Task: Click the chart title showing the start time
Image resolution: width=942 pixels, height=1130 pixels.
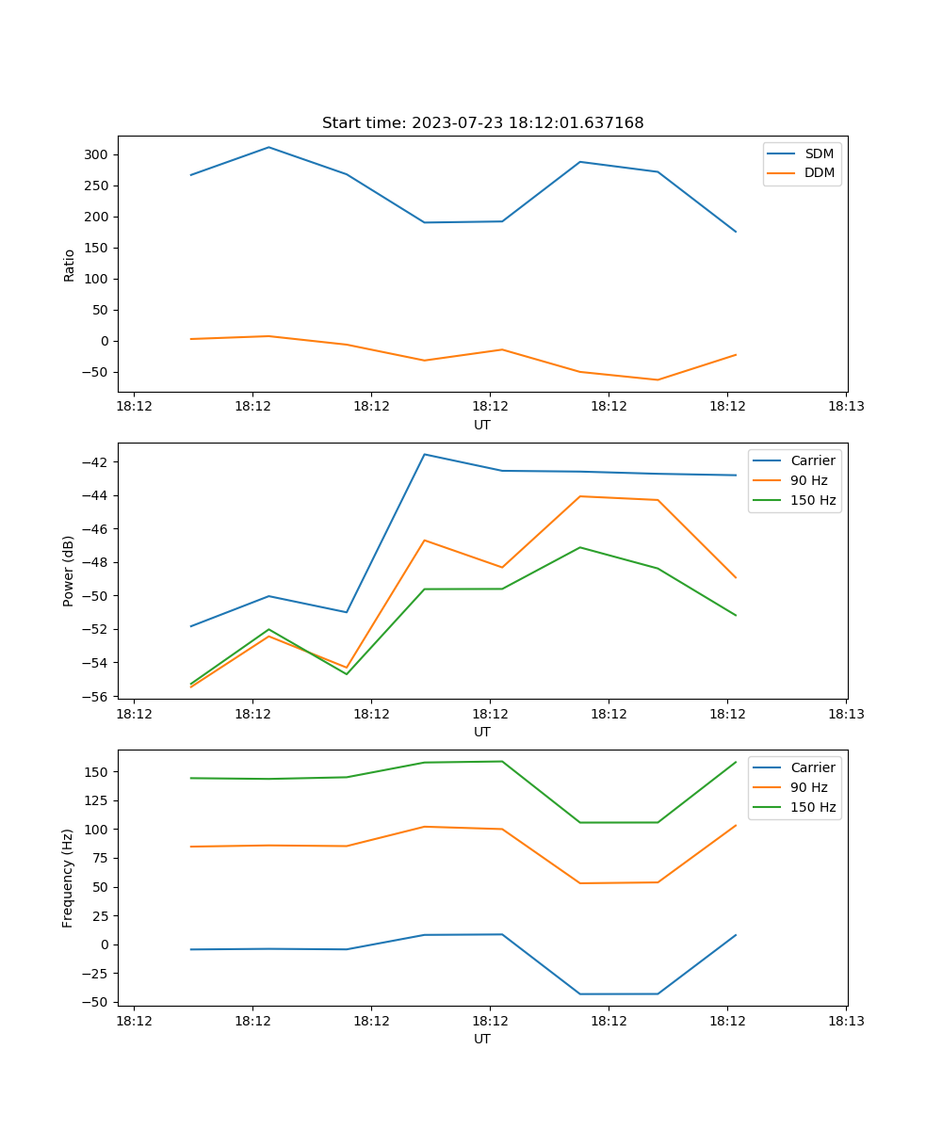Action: coord(482,123)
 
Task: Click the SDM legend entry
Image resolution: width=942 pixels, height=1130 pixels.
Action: coord(819,153)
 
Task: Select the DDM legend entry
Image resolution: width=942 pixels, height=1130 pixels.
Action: coord(820,172)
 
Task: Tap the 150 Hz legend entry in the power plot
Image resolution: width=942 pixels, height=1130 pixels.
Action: coord(813,500)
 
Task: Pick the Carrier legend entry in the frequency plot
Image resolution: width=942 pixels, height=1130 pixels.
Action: coord(812,767)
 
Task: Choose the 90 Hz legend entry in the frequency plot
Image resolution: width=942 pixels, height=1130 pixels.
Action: coord(808,787)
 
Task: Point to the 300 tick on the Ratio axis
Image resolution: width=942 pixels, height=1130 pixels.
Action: coord(96,154)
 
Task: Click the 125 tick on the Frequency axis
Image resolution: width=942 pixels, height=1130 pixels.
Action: coord(96,800)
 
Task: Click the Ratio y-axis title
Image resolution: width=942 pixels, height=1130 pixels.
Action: coord(69,264)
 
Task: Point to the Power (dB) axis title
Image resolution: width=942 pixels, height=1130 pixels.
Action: coord(69,571)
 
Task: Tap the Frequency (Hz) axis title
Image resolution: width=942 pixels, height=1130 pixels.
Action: coord(69,878)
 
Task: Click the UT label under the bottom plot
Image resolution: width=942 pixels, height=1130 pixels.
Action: coord(482,1039)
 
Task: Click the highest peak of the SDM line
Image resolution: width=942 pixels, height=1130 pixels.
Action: coord(268,147)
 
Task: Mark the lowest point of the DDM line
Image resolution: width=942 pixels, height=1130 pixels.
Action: coord(658,379)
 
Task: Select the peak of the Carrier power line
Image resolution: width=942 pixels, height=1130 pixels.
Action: coord(424,454)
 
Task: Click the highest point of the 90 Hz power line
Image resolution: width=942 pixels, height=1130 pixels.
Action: coord(579,496)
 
